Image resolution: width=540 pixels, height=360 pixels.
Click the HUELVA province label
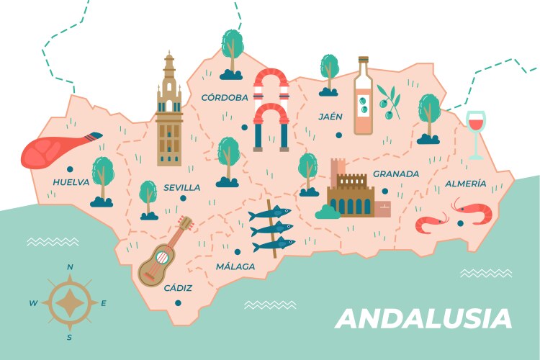[71, 182]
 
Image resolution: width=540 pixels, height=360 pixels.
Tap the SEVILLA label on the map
[181, 187]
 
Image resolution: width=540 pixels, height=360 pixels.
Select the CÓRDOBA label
[225, 97]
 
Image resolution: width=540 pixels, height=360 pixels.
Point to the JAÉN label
[330, 116]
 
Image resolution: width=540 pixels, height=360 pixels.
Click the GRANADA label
[395, 174]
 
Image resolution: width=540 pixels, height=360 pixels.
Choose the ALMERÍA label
[465, 184]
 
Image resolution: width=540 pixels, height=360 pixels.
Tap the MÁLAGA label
[235, 266]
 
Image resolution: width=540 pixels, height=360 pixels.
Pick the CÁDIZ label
[178, 288]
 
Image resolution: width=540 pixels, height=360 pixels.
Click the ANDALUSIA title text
[423, 318]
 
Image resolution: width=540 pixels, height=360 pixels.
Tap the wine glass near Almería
[476, 132]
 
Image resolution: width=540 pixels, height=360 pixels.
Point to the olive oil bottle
[363, 96]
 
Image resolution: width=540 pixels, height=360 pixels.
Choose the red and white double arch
[271, 108]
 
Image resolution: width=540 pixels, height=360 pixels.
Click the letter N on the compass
[70, 267]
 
